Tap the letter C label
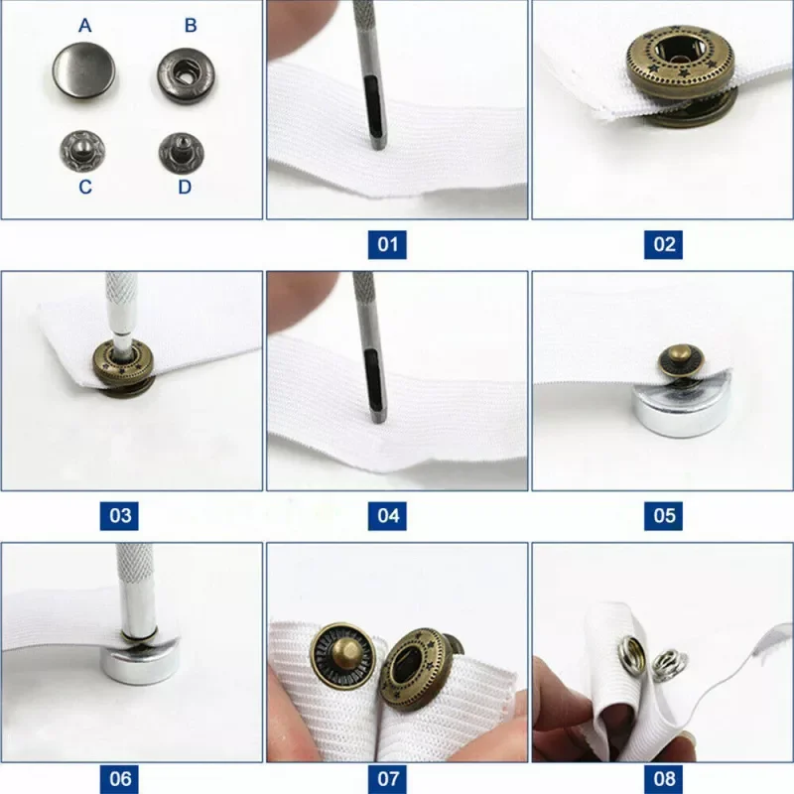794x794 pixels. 85,187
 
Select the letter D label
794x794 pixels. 185,187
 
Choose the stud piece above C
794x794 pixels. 85,150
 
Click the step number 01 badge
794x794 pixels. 387,243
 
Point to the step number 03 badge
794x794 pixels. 120,515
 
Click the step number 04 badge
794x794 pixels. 387,515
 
